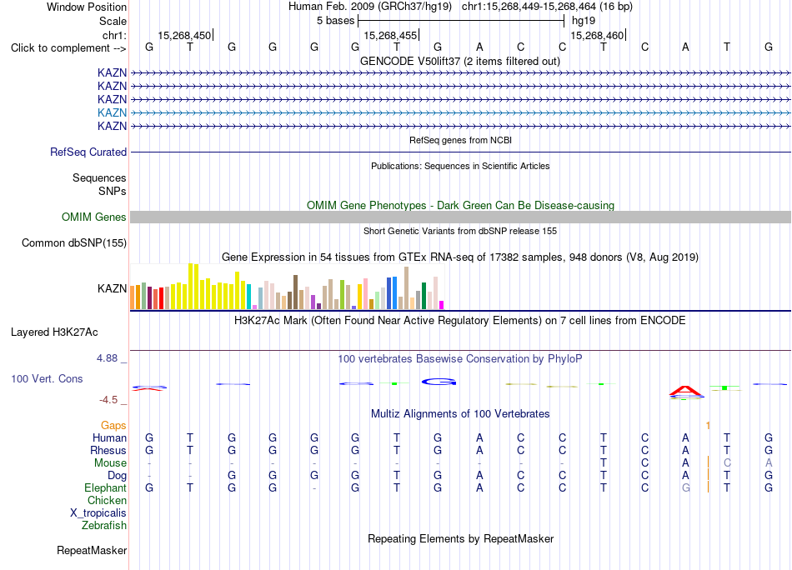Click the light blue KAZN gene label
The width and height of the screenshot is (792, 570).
112,112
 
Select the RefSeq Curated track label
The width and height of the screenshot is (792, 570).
88,152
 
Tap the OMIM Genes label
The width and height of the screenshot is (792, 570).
94,217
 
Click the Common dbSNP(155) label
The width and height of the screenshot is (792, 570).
74,242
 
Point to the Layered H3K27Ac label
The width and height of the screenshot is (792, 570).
54,332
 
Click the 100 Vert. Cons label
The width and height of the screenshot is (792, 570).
47,378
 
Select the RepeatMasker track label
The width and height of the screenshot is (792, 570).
92,550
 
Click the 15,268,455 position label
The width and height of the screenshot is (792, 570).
390,35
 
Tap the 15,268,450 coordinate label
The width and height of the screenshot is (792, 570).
184,35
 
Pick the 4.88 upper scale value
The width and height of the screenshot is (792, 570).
107,358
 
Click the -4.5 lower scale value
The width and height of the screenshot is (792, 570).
108,400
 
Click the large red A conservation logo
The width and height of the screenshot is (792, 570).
685,391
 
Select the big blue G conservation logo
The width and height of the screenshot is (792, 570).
439,382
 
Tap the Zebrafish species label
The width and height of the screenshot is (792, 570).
104,526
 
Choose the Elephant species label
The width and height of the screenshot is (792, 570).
106,488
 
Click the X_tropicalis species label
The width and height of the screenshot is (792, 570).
98,513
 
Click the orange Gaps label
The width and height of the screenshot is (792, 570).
113,426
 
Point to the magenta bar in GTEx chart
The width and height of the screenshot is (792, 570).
442,305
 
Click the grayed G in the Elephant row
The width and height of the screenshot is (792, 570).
685,488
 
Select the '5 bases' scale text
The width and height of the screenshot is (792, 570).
336,21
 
